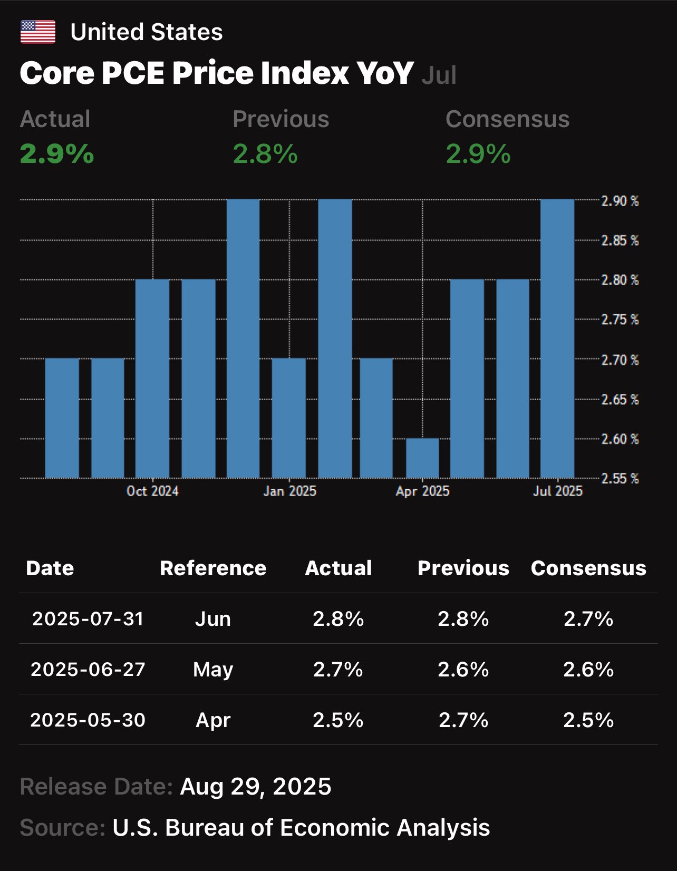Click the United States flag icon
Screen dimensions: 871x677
(x=37, y=32)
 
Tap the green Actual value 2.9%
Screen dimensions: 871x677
(x=57, y=154)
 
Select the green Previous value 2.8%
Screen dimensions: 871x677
(x=265, y=154)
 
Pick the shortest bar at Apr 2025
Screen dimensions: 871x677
(x=422, y=458)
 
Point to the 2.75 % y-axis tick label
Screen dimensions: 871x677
(x=620, y=320)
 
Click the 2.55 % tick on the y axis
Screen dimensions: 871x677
(x=620, y=478)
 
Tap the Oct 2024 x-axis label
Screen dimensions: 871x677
(x=152, y=491)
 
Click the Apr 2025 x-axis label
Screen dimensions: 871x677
(x=422, y=491)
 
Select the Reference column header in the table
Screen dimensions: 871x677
(x=213, y=568)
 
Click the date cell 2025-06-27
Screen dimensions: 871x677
(x=88, y=669)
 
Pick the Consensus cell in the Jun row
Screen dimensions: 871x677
(x=588, y=618)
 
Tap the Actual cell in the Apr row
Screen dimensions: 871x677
(x=338, y=720)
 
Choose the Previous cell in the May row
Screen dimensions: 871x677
(x=463, y=669)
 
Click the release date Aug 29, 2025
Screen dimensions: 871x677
(x=256, y=787)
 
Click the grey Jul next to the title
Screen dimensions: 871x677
(x=439, y=75)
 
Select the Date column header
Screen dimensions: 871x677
(x=50, y=568)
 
